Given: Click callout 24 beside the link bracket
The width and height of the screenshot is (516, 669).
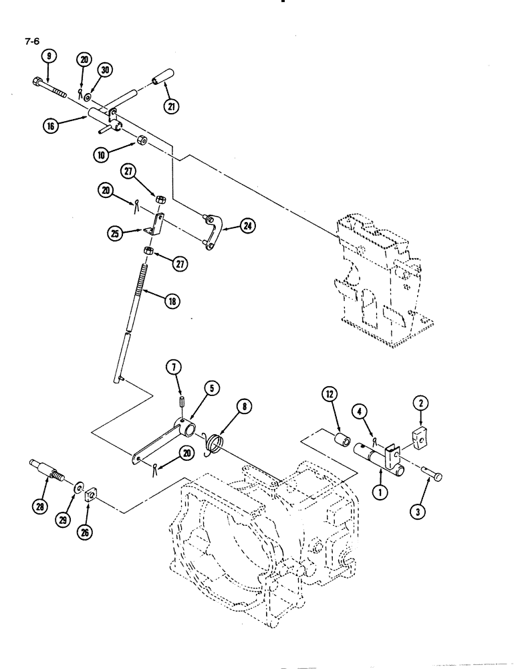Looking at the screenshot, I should point(248,227).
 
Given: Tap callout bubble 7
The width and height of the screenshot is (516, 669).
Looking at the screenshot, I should point(172,368).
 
